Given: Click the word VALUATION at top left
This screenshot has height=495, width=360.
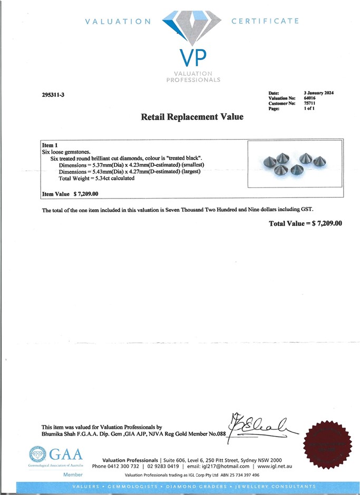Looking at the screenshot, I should click(118, 22).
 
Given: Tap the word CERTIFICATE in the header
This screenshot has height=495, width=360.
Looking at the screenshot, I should click(265, 21).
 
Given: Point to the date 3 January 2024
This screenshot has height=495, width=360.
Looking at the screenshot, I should click(319, 93).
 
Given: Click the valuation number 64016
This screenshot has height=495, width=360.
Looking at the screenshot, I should click(310, 98).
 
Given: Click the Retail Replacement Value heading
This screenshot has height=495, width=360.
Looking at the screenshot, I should click(192, 117).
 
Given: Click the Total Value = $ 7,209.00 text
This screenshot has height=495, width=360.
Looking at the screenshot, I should click(305, 223).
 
